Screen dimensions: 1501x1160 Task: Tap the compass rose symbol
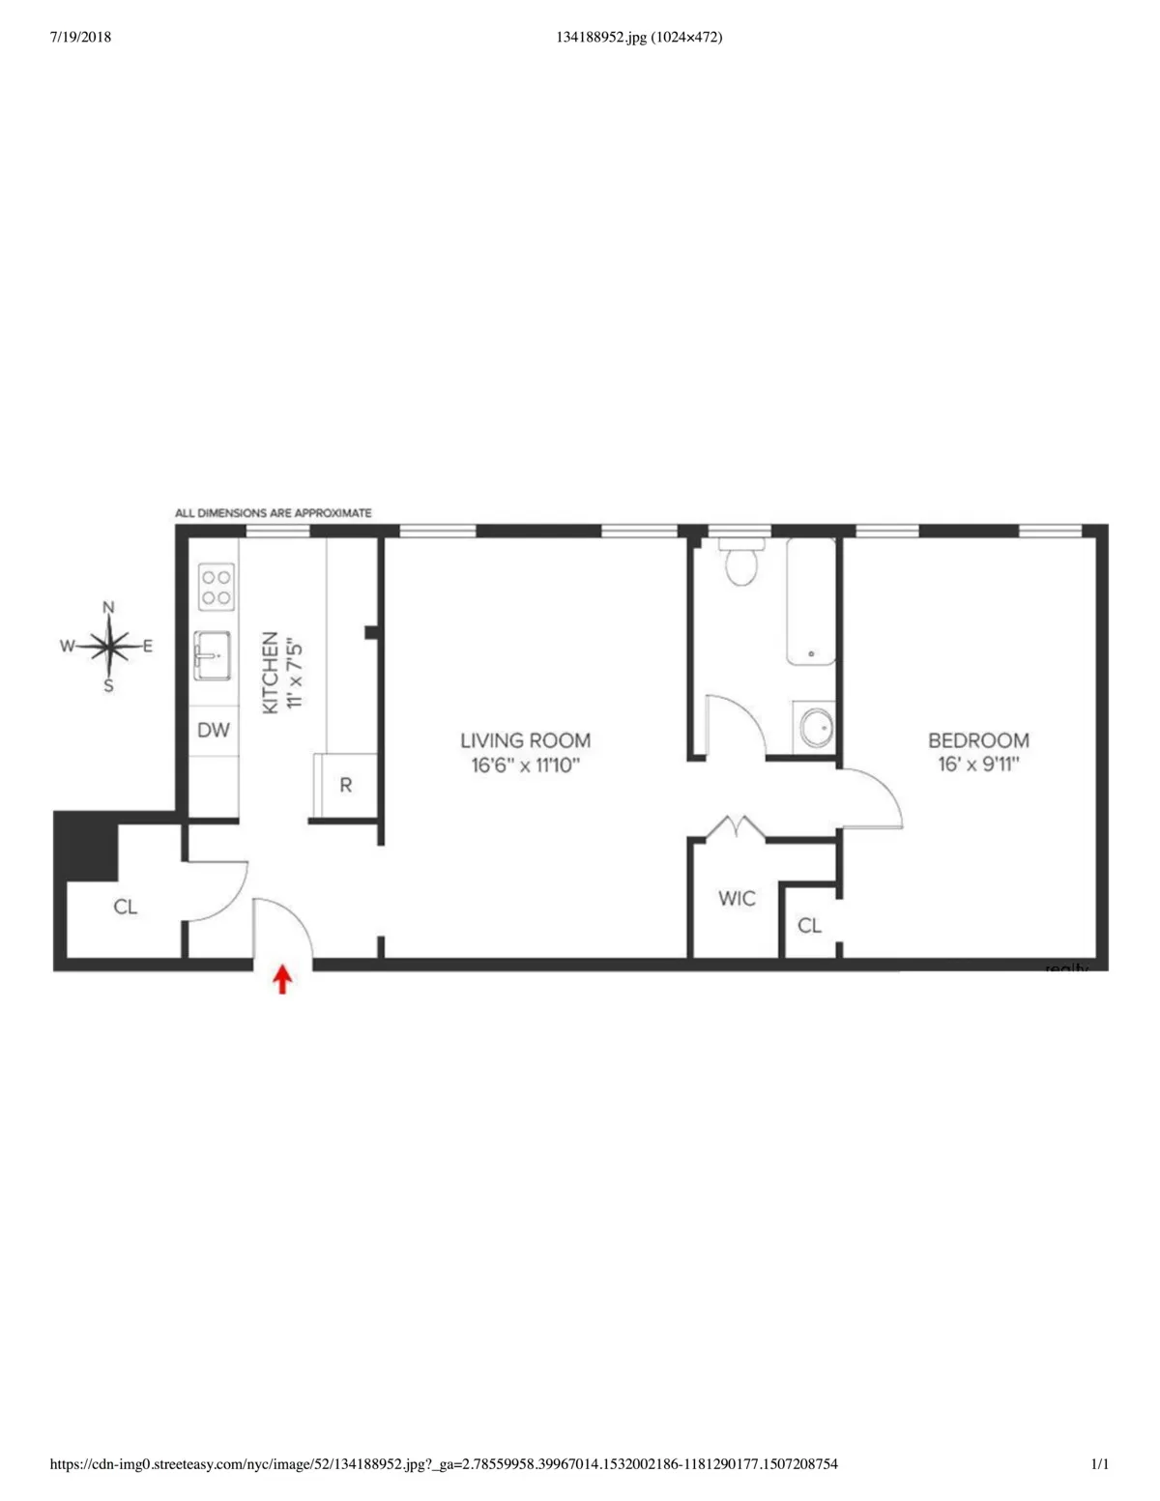(x=109, y=646)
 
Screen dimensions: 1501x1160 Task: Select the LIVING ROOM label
(x=525, y=740)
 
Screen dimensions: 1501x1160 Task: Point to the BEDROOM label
(x=978, y=740)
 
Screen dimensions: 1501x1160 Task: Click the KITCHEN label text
(x=271, y=673)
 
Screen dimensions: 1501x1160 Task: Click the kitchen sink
(x=212, y=655)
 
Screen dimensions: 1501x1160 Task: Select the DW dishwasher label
(x=214, y=730)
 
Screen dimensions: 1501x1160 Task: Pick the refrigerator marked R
(x=345, y=786)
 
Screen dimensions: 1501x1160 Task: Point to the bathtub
(x=811, y=601)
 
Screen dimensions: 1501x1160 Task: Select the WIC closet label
(x=737, y=899)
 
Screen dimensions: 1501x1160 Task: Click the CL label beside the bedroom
(x=809, y=926)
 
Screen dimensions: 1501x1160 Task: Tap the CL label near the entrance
(x=126, y=907)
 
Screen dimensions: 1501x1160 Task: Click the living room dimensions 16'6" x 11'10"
(x=525, y=765)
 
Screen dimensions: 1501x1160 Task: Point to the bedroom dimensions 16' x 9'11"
(x=978, y=765)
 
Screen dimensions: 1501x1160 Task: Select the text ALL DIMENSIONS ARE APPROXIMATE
(x=274, y=513)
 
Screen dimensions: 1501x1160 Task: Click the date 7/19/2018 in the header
(x=79, y=38)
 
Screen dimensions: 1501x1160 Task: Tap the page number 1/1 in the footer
(x=1099, y=1464)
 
